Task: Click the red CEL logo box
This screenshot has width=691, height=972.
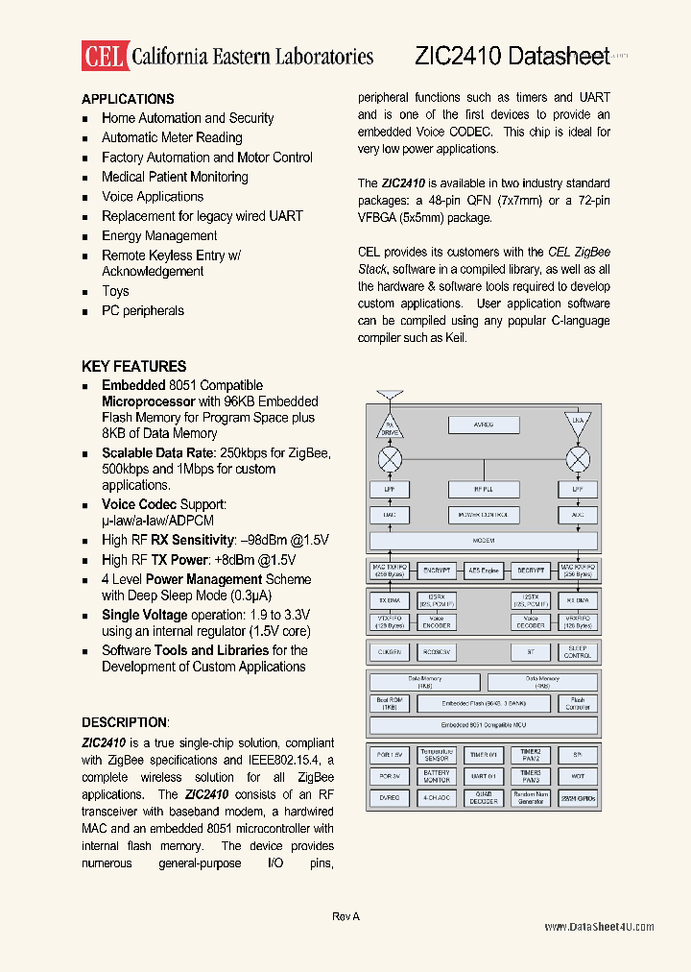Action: coord(104,56)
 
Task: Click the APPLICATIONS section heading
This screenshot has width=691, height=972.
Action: coord(128,99)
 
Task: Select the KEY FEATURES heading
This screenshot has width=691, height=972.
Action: coord(133,366)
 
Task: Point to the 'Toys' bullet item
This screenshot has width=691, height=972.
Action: coord(115,291)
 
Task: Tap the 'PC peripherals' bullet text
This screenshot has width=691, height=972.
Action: coord(142,310)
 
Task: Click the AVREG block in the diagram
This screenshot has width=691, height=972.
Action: coord(484,425)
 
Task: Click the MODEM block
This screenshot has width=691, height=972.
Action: coord(484,541)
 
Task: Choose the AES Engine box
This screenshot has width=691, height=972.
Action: coord(484,571)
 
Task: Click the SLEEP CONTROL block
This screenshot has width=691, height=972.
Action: coord(578,651)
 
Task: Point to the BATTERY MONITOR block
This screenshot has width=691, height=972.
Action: coord(437,776)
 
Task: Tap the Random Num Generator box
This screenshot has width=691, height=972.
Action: coord(531,798)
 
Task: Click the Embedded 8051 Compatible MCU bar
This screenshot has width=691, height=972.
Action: coord(484,725)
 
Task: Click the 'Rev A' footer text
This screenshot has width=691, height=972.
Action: coord(345,917)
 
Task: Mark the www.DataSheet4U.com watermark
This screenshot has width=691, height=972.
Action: coord(599,927)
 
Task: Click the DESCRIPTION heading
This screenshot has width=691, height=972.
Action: coord(125,722)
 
